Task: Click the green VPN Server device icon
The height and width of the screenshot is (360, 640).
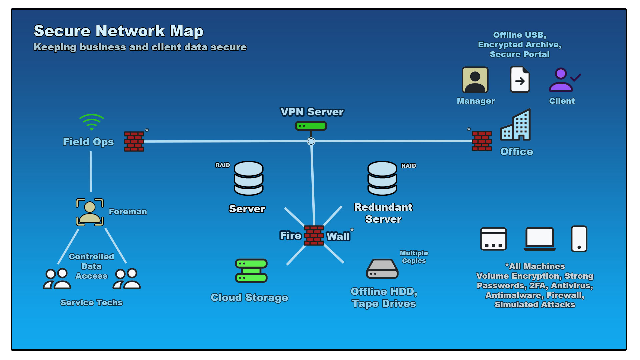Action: tap(311, 126)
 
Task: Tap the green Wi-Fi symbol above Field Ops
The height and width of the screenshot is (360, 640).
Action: tap(92, 122)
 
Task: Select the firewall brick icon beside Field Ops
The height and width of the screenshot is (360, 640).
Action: tap(134, 141)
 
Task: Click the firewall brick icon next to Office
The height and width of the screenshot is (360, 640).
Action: tap(482, 141)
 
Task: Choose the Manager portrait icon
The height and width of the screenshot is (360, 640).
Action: tap(475, 80)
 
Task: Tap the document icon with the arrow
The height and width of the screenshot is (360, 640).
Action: tap(520, 80)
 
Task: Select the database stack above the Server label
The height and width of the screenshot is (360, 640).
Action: tap(249, 178)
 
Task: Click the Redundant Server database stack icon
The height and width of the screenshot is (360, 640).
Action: tap(382, 178)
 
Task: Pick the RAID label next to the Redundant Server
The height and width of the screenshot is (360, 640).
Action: tap(408, 166)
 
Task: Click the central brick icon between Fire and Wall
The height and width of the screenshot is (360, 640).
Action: tap(314, 235)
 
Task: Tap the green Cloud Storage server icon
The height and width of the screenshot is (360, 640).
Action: tap(251, 271)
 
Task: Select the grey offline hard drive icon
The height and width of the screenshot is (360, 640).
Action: tap(382, 269)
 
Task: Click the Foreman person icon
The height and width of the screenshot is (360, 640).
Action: tap(90, 212)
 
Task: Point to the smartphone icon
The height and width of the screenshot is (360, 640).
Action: tap(579, 239)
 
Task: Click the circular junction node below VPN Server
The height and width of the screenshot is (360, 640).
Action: tap(311, 141)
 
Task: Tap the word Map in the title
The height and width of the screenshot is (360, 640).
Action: tap(186, 31)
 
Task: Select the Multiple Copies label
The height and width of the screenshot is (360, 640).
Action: tap(414, 257)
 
